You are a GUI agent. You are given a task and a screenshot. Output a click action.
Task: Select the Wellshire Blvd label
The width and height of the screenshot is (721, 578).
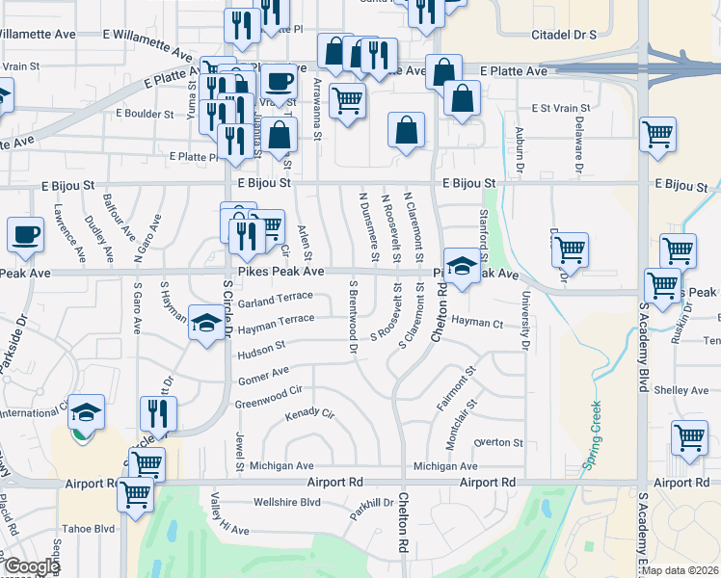(x=286, y=503)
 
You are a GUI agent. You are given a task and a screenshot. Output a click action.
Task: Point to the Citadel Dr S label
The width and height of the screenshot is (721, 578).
(x=564, y=34)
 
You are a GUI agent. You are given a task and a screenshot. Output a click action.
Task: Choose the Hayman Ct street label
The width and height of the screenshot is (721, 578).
(x=477, y=322)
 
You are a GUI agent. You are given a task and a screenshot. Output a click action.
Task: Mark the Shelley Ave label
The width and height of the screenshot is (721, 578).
(x=681, y=390)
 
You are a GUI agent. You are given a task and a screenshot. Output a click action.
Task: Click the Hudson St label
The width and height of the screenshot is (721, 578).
(x=261, y=347)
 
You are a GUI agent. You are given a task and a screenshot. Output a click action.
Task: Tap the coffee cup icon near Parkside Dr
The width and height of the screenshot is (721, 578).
(x=25, y=234)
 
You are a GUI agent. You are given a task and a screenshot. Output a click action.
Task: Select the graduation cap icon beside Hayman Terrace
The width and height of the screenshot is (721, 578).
(x=206, y=324)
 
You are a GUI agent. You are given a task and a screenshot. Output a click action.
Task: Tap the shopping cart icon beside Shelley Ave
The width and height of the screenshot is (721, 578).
(x=690, y=439)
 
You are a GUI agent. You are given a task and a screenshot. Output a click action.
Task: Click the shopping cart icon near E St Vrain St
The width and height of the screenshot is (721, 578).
(x=658, y=135)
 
